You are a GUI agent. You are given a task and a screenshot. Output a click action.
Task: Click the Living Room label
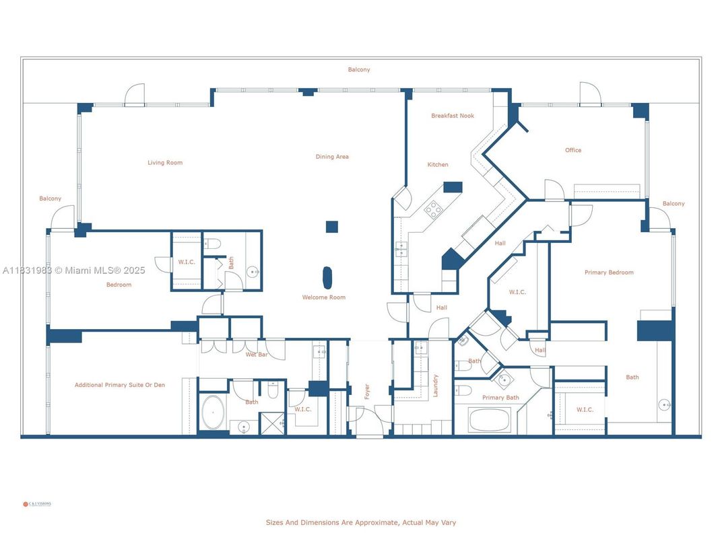pos(165,162)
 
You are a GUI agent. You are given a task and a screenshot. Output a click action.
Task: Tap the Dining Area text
pos(332,157)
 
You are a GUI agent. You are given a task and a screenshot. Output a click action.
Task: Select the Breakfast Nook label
pos(453,116)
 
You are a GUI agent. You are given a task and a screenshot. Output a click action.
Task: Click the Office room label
pos(573,150)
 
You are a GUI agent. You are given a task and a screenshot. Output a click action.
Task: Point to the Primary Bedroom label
pos(609,273)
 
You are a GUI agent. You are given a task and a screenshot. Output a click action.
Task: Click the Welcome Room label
pos(324,297)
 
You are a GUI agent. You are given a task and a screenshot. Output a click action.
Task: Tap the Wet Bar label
pos(256,354)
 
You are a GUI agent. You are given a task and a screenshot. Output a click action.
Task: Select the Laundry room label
pos(436,385)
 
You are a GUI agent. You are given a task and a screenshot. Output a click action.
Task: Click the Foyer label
pos(367,392)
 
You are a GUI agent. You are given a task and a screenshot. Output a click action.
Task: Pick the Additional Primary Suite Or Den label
pos(120,385)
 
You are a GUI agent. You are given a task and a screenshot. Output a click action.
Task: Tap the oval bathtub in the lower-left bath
pos(214,412)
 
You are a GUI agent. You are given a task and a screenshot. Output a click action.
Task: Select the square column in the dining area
pos(331,227)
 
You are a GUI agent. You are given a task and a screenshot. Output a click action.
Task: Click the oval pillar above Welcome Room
pos(327,277)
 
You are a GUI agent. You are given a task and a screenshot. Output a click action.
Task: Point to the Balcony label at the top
pos(359,69)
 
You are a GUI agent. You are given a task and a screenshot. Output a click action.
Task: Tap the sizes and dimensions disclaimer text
pos(361,522)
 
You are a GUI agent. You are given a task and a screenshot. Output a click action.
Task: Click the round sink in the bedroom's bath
pos(252,273)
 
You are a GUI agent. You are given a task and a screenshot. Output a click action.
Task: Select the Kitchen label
pos(438,164)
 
